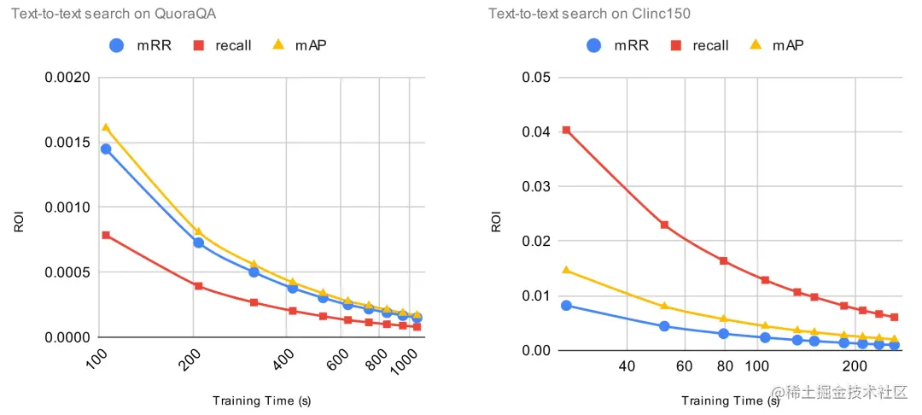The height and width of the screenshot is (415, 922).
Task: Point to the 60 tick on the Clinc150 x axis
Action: (x=684, y=366)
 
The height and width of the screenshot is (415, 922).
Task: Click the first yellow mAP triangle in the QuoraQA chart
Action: (x=106, y=127)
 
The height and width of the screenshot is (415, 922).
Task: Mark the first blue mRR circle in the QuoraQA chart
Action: (x=106, y=149)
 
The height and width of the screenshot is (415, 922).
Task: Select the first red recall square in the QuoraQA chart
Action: (x=106, y=235)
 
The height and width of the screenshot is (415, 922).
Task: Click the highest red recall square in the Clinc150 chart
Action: (x=566, y=131)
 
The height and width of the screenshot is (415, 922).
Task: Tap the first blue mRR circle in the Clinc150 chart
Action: (x=566, y=305)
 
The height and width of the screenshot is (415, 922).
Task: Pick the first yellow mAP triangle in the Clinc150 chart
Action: (x=566, y=270)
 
